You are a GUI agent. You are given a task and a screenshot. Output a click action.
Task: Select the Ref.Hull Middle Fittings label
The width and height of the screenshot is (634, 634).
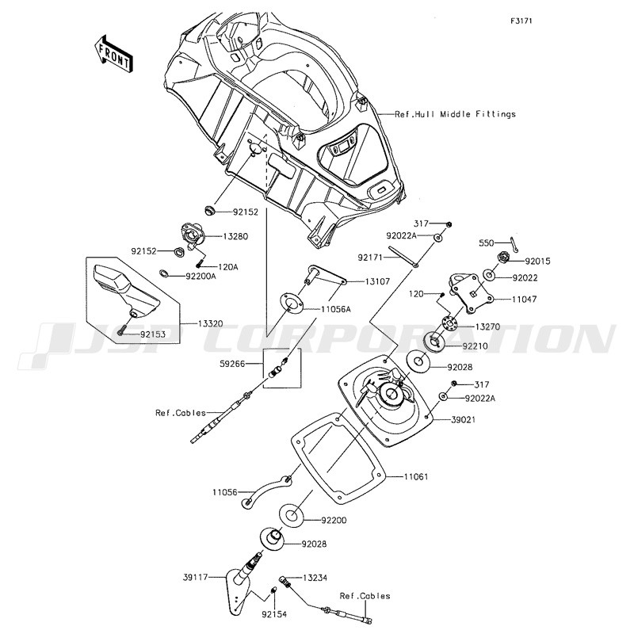pos(456,114)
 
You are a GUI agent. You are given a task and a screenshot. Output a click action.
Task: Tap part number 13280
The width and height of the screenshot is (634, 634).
pos(235,235)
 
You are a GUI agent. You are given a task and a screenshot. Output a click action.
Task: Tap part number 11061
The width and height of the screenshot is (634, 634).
pos(417,477)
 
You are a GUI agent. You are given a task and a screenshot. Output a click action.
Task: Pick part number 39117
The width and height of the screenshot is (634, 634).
pos(195,578)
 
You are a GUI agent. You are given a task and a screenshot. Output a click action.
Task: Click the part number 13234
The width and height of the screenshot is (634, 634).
pos(315,578)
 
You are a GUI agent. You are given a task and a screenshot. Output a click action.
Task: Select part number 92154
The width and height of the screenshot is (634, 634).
pos(275,614)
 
